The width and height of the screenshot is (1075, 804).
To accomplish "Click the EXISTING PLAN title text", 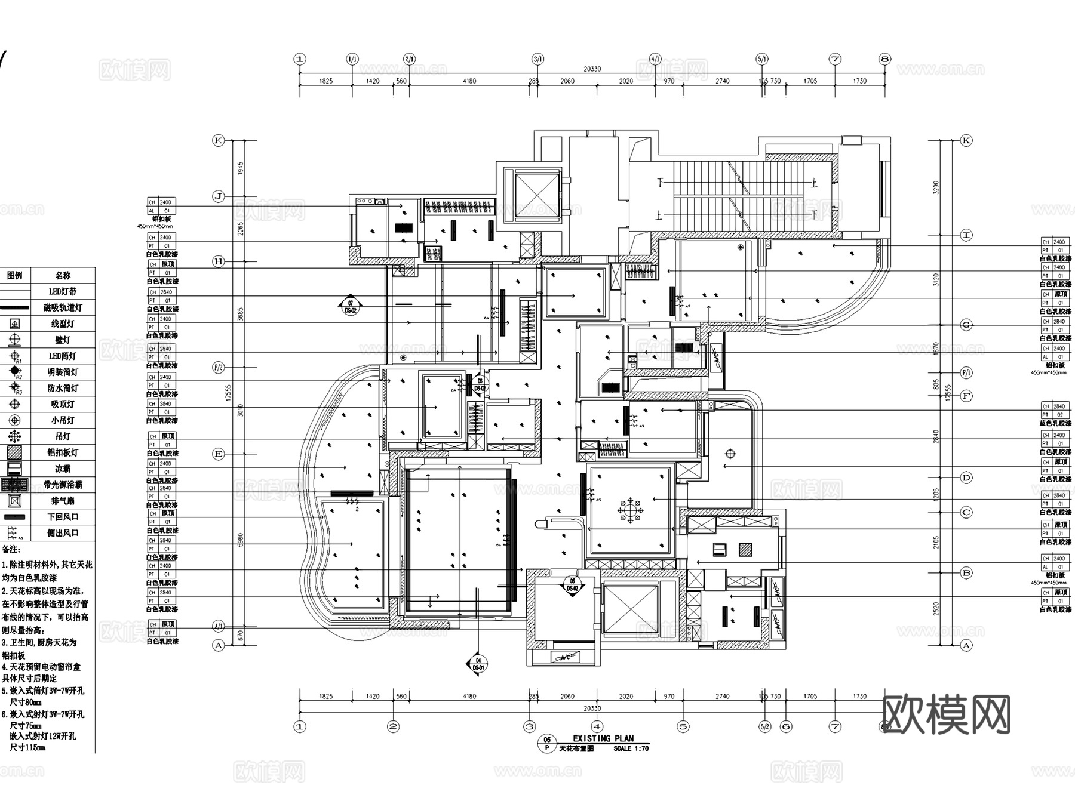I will point(603,738).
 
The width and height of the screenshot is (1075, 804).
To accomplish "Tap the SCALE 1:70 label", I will point(631,748).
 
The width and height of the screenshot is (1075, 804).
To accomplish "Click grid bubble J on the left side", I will point(219,196).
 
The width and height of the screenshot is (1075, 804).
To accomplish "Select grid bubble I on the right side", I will point(966,235).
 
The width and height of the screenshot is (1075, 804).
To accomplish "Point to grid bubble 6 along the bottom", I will point(786,726).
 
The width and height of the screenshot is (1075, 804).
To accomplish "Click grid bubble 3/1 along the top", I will point(537,59).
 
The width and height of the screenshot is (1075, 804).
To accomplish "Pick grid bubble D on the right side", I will point(966,478).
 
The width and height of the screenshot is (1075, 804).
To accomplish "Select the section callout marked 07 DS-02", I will point(351,307).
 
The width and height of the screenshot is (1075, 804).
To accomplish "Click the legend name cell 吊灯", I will point(63,436).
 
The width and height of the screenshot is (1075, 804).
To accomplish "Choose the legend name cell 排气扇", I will point(63,501).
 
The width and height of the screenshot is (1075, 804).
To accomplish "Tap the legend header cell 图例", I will point(14,275).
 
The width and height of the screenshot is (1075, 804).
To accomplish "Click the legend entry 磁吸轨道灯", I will point(63,307).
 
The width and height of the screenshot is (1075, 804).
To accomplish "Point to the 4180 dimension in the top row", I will point(469,81).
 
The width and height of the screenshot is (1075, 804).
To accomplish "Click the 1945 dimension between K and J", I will point(241,168).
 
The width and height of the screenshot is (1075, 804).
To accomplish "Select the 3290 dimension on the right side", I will point(936,187).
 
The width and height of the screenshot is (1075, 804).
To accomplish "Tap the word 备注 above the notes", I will point(11,549).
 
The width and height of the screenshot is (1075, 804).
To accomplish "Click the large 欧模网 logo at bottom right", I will point(946,714).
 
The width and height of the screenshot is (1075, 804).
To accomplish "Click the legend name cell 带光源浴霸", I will point(63,485).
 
